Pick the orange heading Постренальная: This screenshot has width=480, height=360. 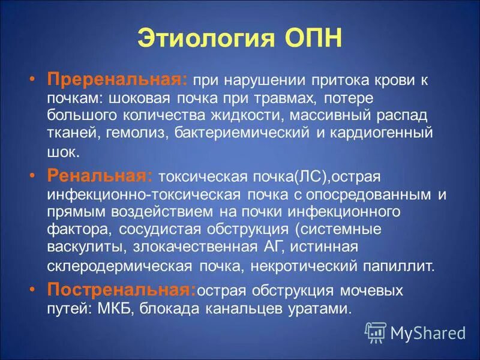pyautogui.click(x=122, y=290)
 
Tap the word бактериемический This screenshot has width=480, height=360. pyautogui.click(x=245, y=131)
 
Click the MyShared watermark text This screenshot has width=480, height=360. pyautogui.click(x=428, y=332)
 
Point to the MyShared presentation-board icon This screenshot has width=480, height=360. pyautogui.click(x=376, y=331)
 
